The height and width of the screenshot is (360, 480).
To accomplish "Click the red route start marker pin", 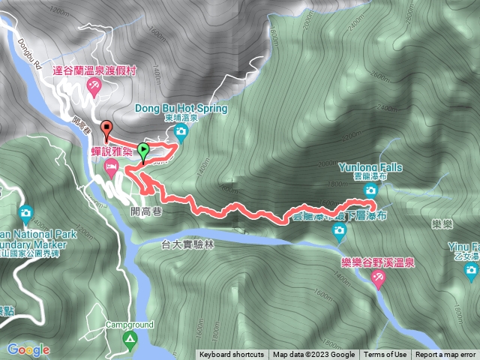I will pyautogui.click(x=106, y=130).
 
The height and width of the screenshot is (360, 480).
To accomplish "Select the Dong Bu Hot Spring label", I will pyautogui.click(x=180, y=108).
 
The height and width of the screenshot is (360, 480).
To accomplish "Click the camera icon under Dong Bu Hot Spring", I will pyautogui.click(x=181, y=133).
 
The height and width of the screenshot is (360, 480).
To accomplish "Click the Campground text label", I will pyautogui.click(x=129, y=325).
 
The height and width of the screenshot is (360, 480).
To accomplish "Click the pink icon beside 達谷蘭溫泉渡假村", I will pyautogui.click(x=94, y=87).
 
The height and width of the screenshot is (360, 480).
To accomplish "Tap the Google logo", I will pyautogui.click(x=28, y=349).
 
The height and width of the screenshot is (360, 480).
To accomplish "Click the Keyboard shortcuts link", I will pyautogui.click(x=232, y=355).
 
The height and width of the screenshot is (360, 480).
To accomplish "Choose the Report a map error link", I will pyautogui.click(x=445, y=355).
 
